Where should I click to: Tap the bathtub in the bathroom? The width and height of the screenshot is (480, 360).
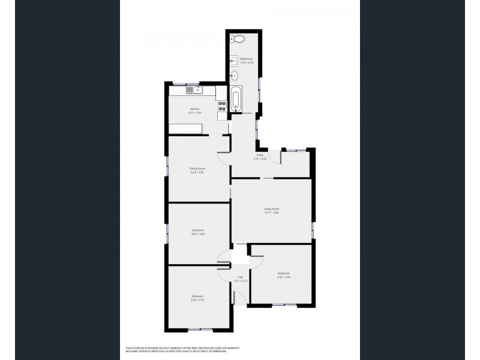click(236, 99)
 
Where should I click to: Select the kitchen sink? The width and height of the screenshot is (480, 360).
click(193, 91)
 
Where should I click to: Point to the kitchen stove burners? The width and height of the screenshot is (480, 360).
click(222, 106)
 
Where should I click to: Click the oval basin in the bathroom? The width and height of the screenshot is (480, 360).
click(235, 76)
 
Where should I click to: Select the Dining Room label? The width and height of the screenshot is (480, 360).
click(197, 169)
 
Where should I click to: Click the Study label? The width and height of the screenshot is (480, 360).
click(260, 155)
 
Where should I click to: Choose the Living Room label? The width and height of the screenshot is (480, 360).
click(272, 208)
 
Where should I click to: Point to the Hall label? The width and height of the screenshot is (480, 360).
click(236, 277)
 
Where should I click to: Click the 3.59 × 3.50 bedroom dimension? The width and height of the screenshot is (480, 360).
click(284, 277)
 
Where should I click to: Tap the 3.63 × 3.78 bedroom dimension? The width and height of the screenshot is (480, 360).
click(197, 300)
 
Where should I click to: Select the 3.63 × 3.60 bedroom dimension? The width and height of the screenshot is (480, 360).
click(198, 234)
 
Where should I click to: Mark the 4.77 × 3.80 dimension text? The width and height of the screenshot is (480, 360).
click(272, 212)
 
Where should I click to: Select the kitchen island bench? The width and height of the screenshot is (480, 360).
click(187, 128)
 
